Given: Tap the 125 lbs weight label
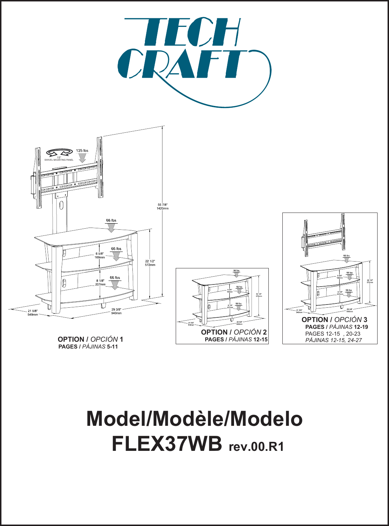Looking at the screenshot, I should tap(82, 151).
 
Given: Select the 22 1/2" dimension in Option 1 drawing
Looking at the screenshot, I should tap(150, 263).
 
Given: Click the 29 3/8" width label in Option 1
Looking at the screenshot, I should tap(116, 311).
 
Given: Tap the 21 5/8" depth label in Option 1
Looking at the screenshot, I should tap(33, 313).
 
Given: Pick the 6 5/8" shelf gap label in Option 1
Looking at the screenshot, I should tap(100, 255).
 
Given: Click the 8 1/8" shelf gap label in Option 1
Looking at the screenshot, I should tap(100, 283).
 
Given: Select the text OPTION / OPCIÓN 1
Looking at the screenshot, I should tap(90, 339).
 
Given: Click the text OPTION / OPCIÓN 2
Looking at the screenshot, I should tap(234, 332).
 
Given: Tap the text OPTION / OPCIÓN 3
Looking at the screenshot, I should tap(334, 320).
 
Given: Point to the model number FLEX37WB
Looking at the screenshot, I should tap(167, 444).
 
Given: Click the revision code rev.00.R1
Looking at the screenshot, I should tap(256, 447).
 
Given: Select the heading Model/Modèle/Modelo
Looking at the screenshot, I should tap(194, 419).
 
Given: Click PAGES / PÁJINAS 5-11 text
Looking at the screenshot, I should tap(88, 347).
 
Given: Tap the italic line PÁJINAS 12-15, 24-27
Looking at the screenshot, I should tap(334, 340).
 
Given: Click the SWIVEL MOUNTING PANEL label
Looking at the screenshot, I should tap(59, 160).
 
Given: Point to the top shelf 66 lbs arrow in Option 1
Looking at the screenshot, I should tap(111, 228).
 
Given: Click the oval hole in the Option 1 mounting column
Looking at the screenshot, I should tap(62, 205).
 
